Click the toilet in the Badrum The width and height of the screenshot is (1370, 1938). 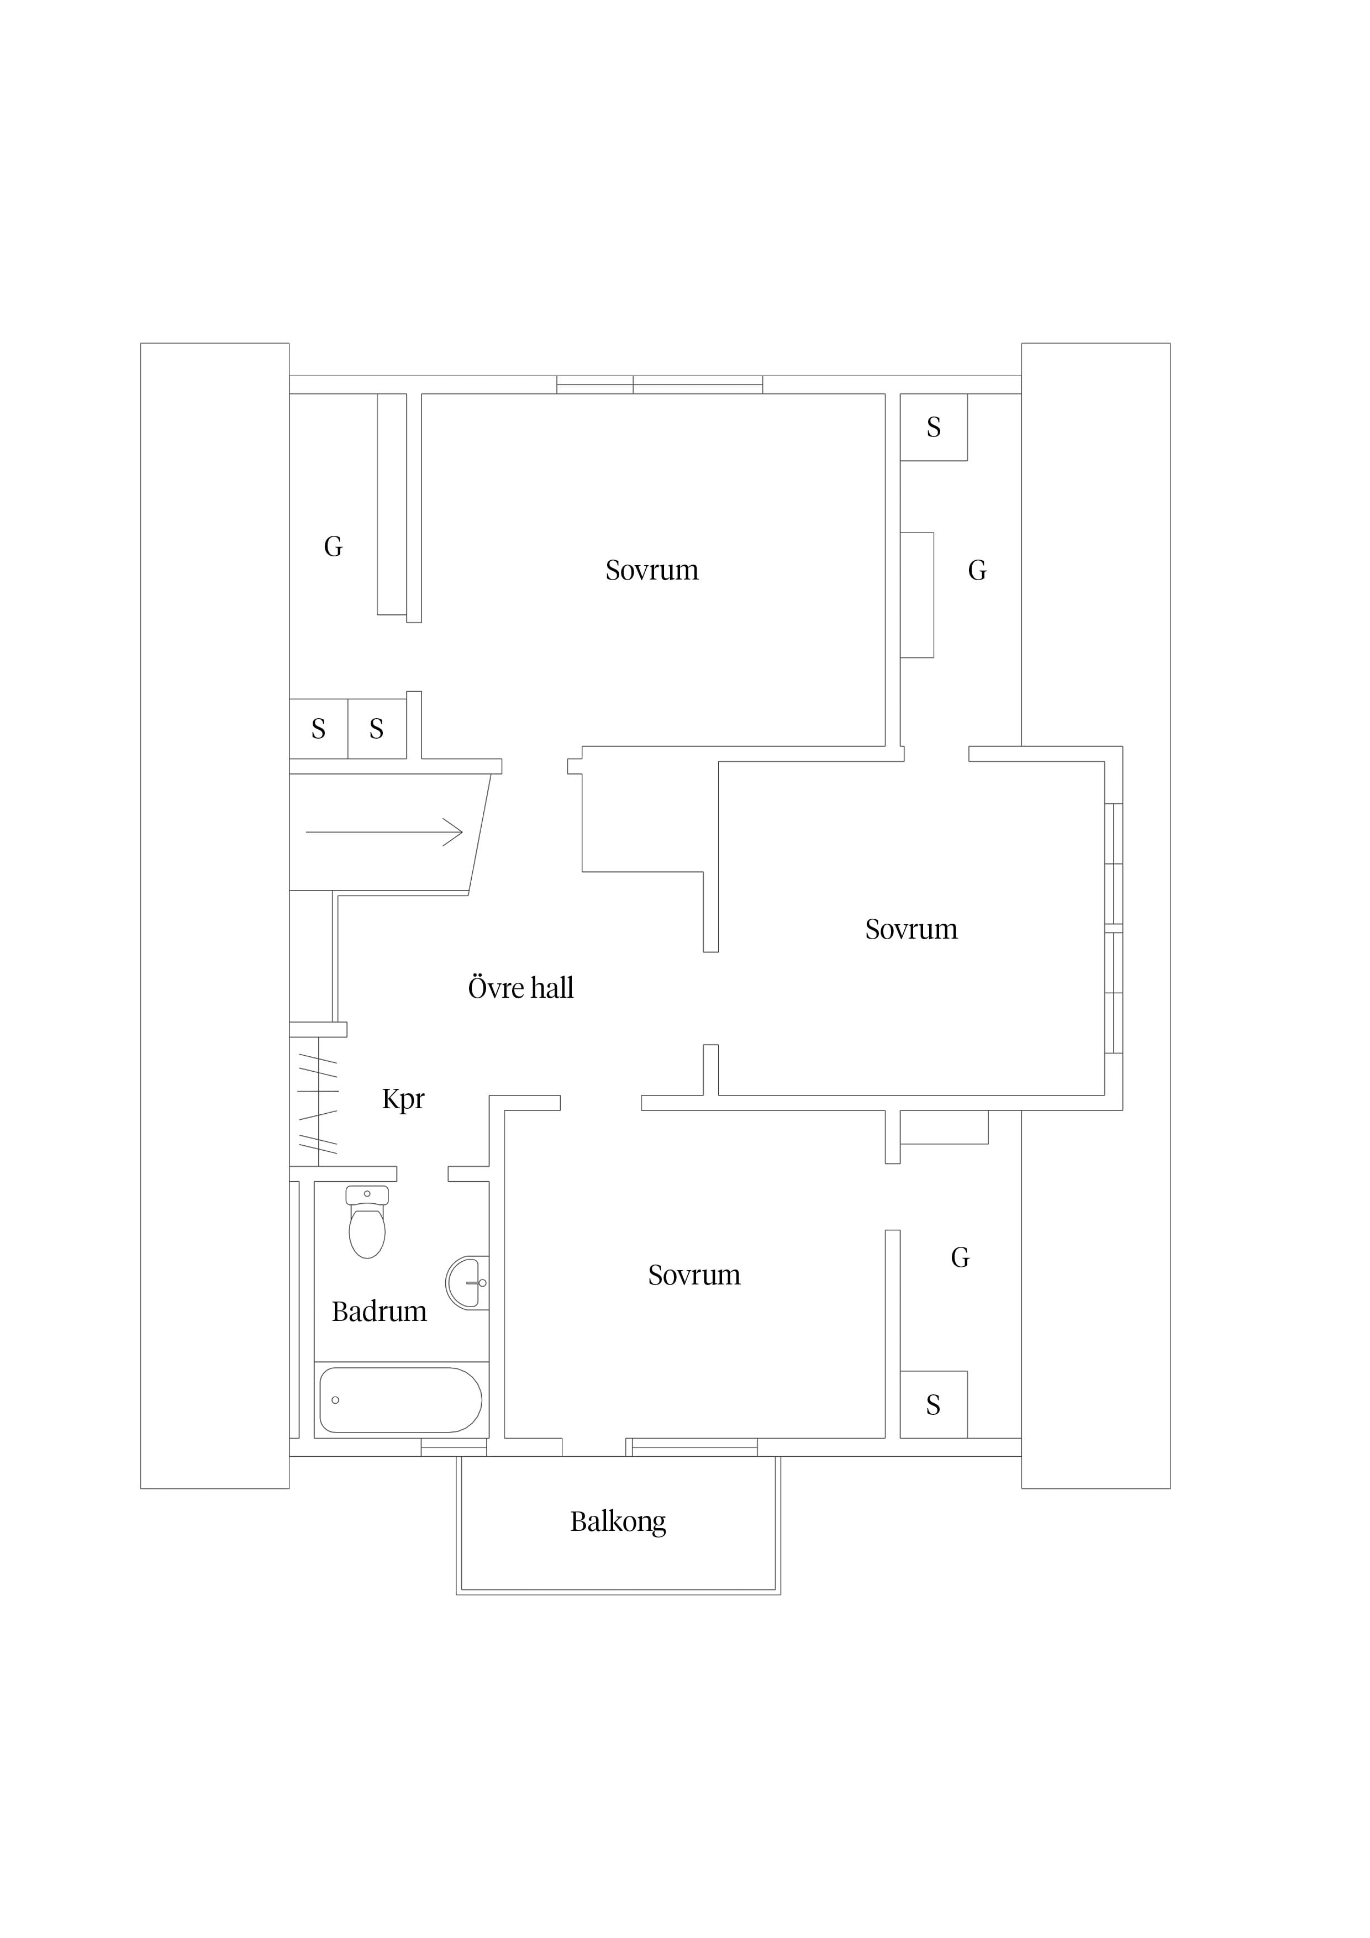click(x=367, y=1220)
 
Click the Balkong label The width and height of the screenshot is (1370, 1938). click(x=618, y=1522)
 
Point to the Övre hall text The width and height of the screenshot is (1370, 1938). click(x=521, y=988)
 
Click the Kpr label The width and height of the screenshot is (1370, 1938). click(x=403, y=1099)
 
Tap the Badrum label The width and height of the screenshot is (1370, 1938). click(x=379, y=1311)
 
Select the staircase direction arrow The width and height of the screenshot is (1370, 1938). click(x=384, y=832)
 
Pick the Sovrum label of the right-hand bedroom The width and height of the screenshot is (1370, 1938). click(x=911, y=929)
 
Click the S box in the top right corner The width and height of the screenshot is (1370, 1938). click(x=934, y=427)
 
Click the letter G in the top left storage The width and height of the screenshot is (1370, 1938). click(x=334, y=547)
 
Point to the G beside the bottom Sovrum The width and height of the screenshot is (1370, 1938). click(x=960, y=1258)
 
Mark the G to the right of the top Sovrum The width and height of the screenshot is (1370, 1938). click(x=977, y=571)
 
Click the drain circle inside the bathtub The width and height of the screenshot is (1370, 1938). click(x=335, y=1400)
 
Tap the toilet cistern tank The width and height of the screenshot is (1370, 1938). click(x=367, y=1195)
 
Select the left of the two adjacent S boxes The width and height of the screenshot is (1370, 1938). click(x=318, y=729)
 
